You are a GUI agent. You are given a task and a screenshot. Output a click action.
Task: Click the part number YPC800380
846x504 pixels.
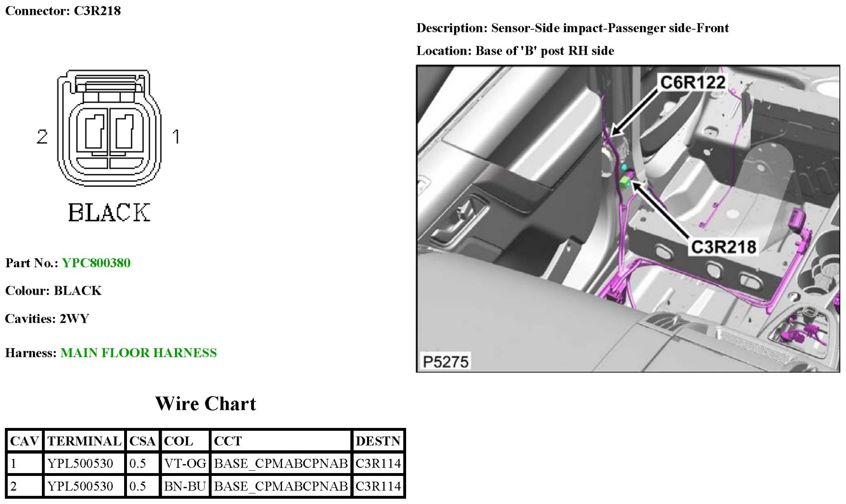tap(96, 263)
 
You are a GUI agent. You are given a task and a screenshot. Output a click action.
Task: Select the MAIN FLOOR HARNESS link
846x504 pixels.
tap(138, 353)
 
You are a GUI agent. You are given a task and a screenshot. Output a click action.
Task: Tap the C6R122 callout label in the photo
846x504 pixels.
tap(693, 82)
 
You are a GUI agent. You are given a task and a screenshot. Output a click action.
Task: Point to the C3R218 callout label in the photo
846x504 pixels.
tap(723, 247)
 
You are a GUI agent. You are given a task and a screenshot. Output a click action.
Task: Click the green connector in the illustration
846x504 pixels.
tap(625, 181)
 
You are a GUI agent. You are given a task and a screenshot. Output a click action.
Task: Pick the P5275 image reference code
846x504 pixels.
tap(446, 362)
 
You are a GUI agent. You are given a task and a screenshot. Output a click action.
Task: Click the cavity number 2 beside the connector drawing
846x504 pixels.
tap(42, 137)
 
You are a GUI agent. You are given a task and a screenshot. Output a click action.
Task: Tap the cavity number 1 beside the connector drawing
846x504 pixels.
tap(176, 137)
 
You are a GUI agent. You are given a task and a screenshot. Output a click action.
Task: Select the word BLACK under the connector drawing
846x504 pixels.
tap(109, 213)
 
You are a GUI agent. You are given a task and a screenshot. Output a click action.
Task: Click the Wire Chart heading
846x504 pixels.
tap(205, 404)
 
